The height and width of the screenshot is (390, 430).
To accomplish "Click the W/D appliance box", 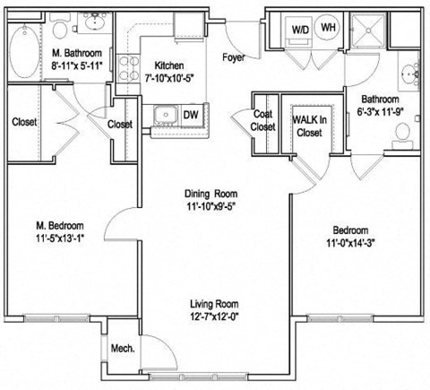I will (298, 30).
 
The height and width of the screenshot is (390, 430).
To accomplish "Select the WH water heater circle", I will (328, 29).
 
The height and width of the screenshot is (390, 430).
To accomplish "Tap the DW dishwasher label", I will (191, 115).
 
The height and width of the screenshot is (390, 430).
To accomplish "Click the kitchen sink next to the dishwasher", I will (165, 115).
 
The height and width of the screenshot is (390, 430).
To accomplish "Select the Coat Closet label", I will (262, 120).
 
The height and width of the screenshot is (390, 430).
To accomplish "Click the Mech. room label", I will (122, 348).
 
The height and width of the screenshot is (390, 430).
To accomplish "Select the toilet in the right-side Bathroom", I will (401, 134).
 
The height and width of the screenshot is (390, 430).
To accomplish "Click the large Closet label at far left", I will (24, 122).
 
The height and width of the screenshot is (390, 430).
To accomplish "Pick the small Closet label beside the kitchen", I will (119, 124).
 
